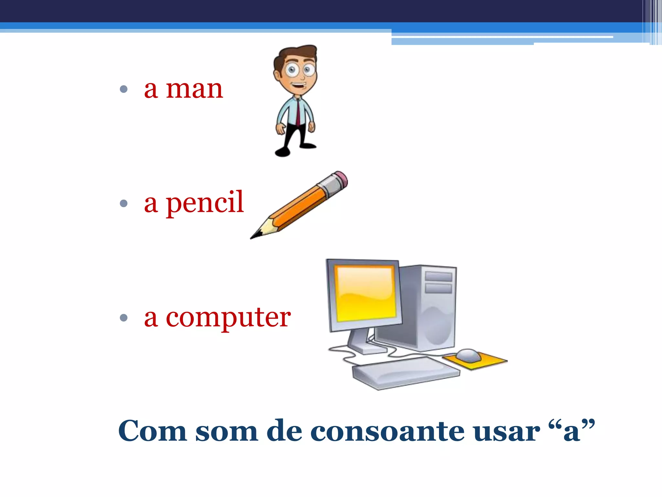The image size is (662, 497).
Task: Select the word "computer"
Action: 228,318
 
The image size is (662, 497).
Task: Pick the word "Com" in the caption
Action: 152,431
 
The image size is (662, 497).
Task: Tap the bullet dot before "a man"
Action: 123,89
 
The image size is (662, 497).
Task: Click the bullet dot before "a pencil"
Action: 123,203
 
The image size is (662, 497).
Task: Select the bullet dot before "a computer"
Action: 123,318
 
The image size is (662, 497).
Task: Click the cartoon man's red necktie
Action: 298,112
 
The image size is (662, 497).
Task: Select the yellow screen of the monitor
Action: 365,293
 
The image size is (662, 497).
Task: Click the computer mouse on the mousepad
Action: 469,355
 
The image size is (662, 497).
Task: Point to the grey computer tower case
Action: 433,307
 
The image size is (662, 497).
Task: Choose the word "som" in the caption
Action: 227,431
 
